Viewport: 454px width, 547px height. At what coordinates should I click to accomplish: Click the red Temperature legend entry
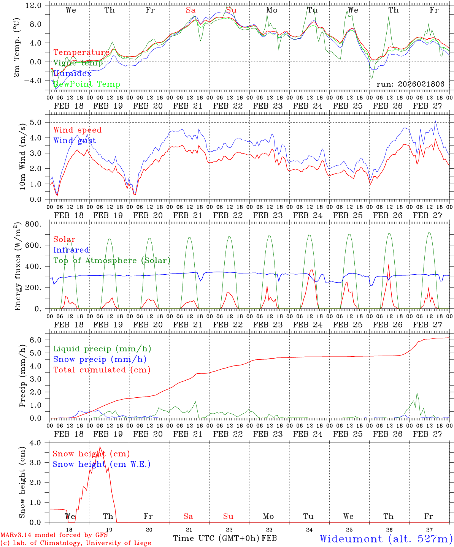(x=81, y=52)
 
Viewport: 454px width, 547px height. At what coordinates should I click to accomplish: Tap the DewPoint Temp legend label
(x=87, y=84)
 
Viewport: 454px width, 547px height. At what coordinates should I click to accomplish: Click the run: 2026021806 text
(x=410, y=84)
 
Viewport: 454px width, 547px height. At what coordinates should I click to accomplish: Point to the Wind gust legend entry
(x=75, y=141)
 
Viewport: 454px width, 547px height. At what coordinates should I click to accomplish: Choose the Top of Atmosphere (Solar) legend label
(x=112, y=261)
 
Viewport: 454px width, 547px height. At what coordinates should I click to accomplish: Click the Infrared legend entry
(x=71, y=250)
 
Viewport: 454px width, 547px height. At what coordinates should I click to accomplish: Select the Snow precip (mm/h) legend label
(x=100, y=359)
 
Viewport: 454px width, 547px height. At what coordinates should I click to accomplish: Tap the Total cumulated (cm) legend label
(x=102, y=370)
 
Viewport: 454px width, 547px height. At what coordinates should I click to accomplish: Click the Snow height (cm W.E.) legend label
(x=102, y=464)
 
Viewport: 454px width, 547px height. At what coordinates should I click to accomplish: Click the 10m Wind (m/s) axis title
(x=23, y=156)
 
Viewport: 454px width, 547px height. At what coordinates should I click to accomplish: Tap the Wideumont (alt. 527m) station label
(x=386, y=539)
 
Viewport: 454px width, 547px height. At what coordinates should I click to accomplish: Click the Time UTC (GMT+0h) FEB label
(x=225, y=538)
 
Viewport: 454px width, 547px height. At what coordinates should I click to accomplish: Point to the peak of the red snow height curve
(x=100, y=447)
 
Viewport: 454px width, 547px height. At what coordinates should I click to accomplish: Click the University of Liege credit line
(x=76, y=543)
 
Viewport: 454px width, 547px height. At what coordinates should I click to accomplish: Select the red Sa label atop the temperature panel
(x=190, y=10)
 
